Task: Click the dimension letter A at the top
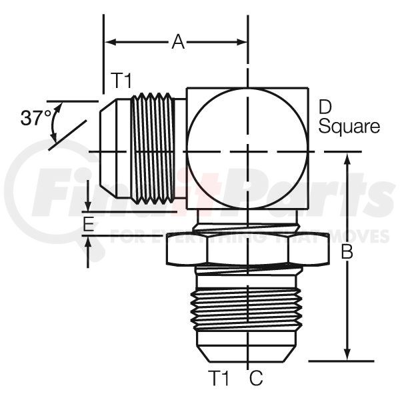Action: (178, 42)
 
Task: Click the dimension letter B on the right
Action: (347, 251)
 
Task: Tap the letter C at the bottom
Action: (256, 378)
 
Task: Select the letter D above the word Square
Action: (325, 108)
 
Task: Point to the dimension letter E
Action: (89, 224)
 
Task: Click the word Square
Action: (349, 127)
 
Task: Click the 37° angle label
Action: (36, 117)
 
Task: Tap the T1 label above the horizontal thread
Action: (121, 81)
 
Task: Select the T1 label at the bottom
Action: (219, 378)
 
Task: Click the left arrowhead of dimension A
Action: (111, 43)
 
